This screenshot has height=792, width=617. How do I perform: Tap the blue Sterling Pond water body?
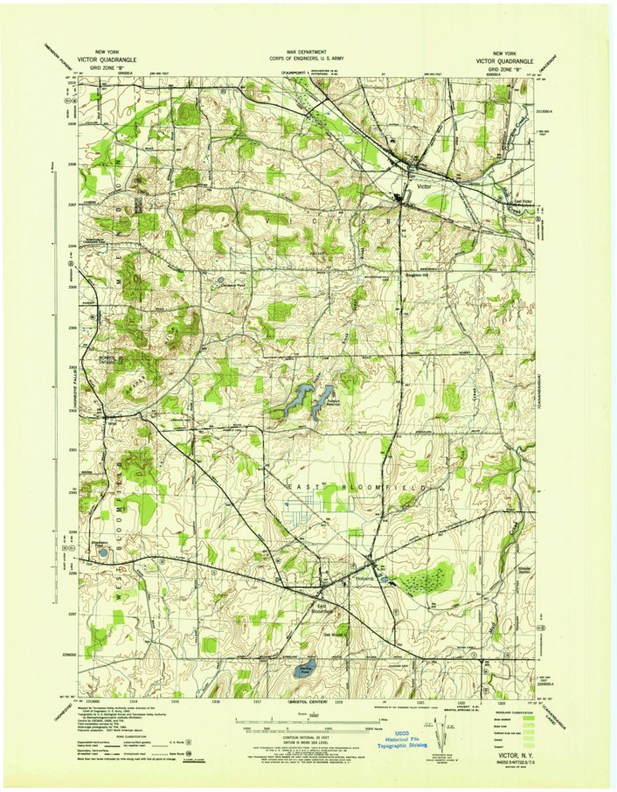tap(306, 670)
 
